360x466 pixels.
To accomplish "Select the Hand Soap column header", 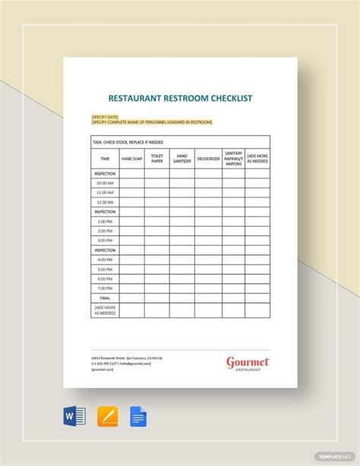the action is point(131,159).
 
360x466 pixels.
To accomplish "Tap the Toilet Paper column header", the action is point(156,159).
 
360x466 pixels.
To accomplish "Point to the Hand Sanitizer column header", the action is point(182,159).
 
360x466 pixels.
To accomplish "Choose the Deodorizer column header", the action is point(208,159).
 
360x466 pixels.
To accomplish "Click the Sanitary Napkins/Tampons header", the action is point(233,159).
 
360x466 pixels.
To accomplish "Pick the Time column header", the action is point(105,159).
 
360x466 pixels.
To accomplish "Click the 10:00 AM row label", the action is point(105,183).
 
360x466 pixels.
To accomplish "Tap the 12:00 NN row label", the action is point(105,202).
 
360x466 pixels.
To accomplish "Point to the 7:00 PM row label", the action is point(105,288).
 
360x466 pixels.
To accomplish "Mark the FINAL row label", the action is point(105,298).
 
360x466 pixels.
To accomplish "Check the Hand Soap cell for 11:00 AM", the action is point(131,193).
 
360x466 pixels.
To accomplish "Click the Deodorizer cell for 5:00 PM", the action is point(208,269).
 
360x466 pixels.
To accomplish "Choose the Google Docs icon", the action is point(138,417).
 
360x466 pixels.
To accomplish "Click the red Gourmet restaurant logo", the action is point(248,363).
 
